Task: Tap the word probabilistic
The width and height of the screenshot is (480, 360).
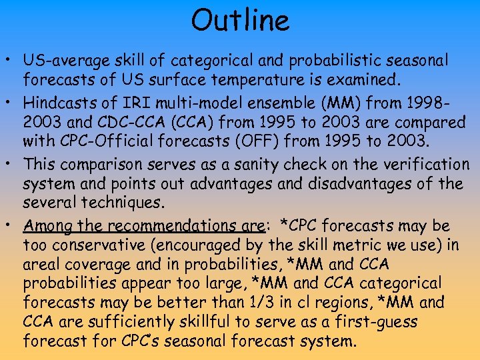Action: point(315,61)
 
